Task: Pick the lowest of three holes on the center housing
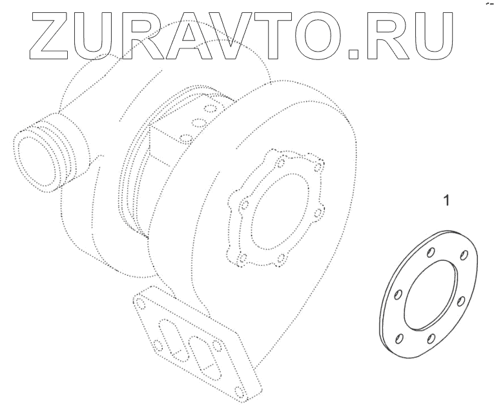[185, 137]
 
